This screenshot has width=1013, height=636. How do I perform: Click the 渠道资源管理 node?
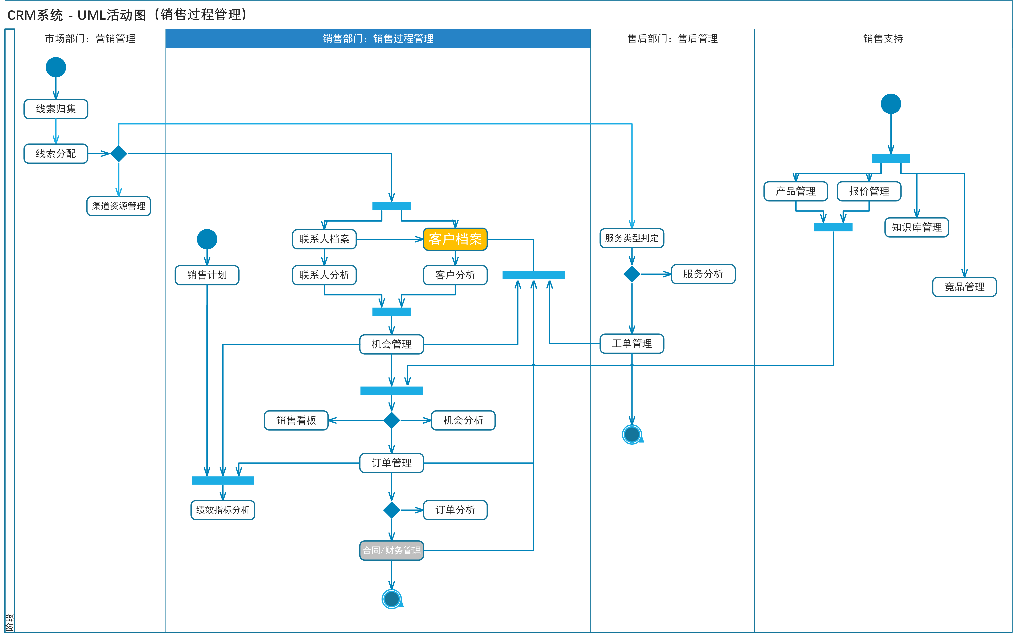[119, 206]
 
